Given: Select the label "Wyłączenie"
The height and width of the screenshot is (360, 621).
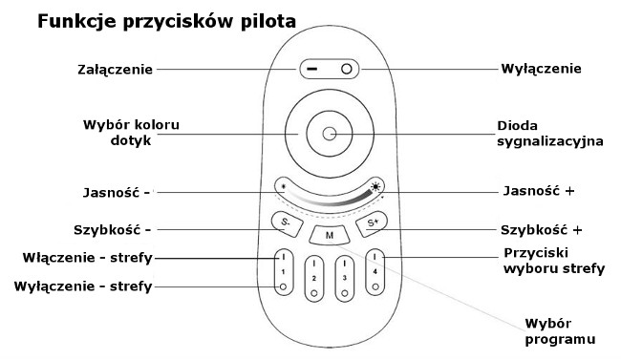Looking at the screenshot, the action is [541, 69].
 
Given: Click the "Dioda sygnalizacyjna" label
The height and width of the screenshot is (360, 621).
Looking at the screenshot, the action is [549, 133].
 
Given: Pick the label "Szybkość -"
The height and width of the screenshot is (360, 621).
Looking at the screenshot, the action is [113, 229].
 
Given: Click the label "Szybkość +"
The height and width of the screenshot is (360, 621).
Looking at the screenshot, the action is [541, 230].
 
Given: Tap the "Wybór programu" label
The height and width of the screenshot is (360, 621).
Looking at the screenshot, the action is [558, 329].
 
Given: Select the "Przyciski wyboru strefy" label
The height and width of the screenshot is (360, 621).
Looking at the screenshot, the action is [552, 261].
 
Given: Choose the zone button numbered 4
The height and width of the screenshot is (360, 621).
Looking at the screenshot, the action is [375, 273].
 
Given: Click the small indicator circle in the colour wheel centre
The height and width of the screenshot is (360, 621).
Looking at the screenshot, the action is [330, 134].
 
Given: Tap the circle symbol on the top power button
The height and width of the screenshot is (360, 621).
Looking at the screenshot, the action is [348, 70].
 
